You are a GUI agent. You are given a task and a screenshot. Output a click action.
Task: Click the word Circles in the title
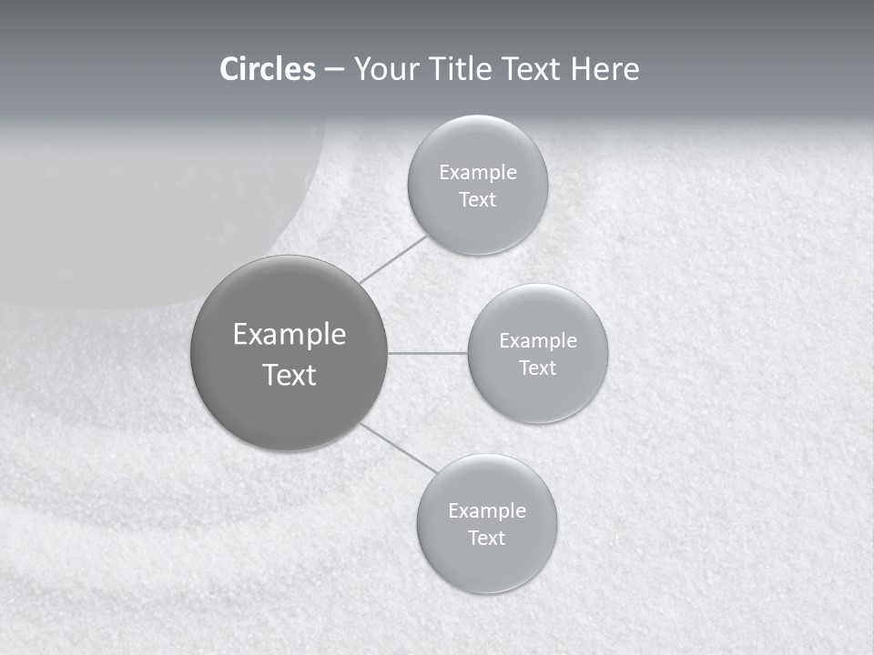(x=267, y=69)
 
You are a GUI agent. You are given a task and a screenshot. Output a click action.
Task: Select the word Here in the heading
(x=605, y=69)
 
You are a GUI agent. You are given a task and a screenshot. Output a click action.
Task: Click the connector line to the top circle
(x=393, y=259)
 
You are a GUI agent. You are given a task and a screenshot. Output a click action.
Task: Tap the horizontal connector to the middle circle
(x=428, y=353)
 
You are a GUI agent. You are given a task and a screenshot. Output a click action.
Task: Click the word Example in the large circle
(x=290, y=335)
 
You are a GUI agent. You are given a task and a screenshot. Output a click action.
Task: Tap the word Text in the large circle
(x=290, y=375)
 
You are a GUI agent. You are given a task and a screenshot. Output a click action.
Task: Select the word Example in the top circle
(x=478, y=173)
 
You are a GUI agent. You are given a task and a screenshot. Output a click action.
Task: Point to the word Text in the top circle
(x=477, y=200)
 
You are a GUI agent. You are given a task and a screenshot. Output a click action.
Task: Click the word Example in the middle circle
(x=538, y=341)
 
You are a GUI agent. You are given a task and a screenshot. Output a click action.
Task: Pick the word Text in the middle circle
(x=537, y=368)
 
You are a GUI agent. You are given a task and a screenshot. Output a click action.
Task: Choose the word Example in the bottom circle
(x=487, y=511)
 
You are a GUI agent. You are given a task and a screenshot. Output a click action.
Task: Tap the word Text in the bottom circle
(x=486, y=539)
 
